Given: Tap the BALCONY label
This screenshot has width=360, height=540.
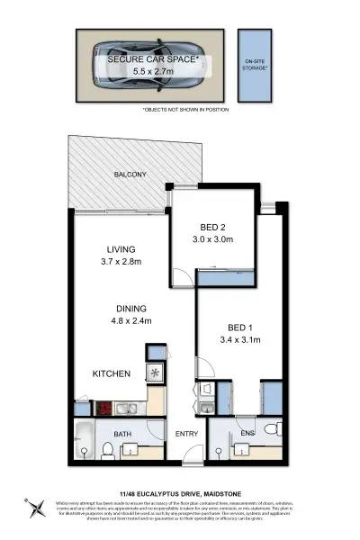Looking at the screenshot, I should tap(130, 175).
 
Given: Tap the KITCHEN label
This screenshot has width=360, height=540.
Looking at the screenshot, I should tap(112, 373).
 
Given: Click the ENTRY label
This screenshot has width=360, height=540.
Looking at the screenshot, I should tap(186, 434).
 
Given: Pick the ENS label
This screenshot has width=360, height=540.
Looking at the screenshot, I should tap(248, 434).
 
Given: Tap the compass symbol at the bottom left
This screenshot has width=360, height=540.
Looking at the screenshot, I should tap(35, 508).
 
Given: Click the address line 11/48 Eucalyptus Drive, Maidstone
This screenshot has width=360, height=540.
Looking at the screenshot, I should tap(180, 493).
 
